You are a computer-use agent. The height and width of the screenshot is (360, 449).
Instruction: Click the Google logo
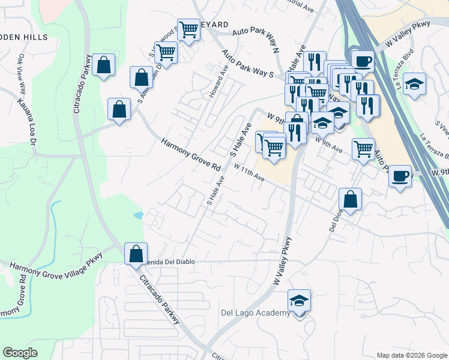click(x=20, y=353)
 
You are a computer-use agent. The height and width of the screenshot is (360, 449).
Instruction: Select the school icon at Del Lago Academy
click(x=300, y=301)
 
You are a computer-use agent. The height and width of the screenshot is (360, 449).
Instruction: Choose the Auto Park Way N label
click(x=256, y=40)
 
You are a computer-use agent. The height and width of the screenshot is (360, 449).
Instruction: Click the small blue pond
click(x=139, y=215)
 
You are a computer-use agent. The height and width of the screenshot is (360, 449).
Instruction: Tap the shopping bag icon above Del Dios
click(x=350, y=199)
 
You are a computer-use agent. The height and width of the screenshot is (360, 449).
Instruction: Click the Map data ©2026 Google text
click(x=412, y=355)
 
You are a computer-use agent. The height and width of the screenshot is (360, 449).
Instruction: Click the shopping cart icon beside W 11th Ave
click(x=274, y=146)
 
